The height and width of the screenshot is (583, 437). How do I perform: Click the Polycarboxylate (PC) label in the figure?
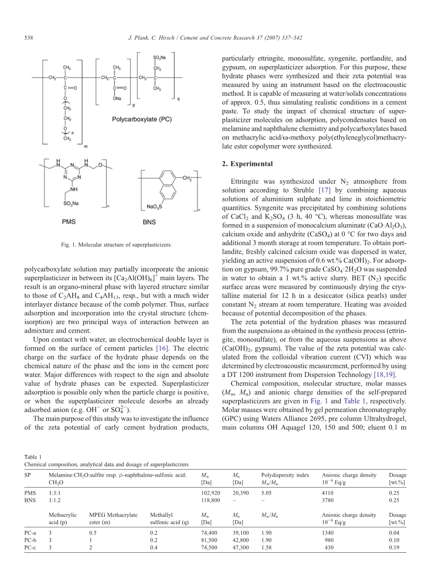click(x=142, y=120)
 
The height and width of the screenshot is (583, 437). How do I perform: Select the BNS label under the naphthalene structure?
click(x=149, y=222)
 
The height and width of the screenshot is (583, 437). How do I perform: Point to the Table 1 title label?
click(x=33, y=457)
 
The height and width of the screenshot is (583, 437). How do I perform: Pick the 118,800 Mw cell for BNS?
click(x=211, y=500)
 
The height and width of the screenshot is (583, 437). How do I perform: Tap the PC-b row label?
click(x=31, y=540)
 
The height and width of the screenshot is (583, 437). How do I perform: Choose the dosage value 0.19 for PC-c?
click(x=394, y=547)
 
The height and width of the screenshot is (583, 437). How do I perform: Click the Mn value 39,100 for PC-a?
click(x=241, y=532)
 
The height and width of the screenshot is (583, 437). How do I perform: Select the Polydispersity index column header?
click(x=285, y=475)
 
